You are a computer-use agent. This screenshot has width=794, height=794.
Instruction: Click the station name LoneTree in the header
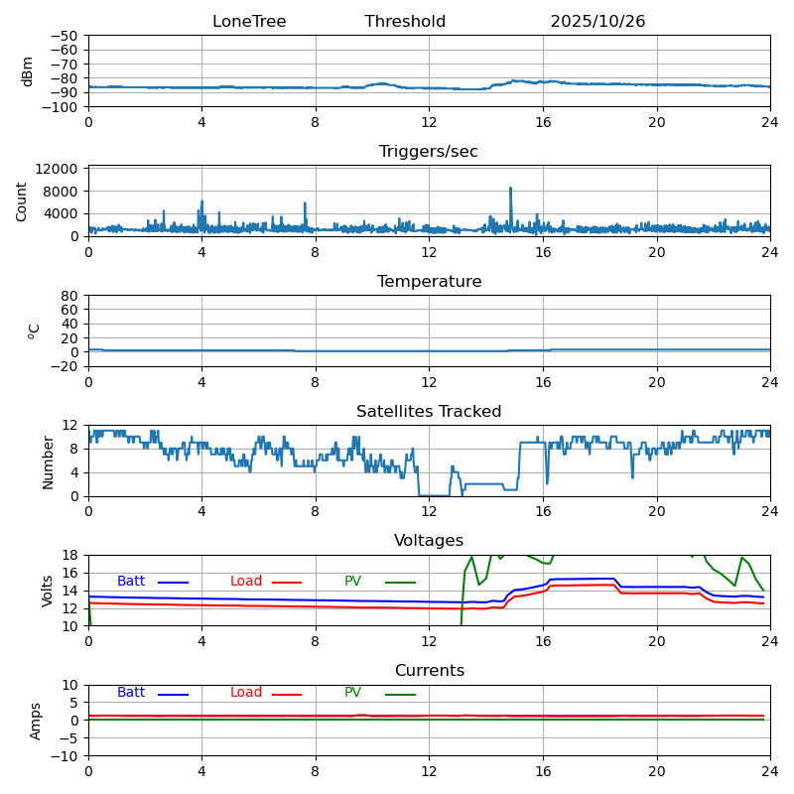(249, 22)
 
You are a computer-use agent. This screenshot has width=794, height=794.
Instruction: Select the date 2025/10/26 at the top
(597, 22)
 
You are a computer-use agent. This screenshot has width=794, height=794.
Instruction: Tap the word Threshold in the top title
(405, 22)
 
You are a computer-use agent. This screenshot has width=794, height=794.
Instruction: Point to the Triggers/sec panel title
(429, 152)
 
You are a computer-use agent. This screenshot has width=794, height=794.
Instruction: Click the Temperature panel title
(429, 282)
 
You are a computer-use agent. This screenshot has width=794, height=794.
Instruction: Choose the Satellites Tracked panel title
(429, 412)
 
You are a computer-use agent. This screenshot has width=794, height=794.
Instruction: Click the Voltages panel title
(429, 541)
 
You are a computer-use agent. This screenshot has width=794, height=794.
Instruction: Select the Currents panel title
(429, 671)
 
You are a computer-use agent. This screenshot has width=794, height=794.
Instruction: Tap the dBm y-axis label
(28, 70)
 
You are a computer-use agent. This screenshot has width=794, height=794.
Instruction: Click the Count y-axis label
(22, 200)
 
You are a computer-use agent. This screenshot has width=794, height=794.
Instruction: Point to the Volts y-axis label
(48, 591)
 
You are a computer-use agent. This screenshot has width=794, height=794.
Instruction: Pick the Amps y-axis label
(36, 721)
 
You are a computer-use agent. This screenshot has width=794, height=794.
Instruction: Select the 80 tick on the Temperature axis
(70, 296)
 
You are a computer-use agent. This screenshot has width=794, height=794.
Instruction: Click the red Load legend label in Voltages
(246, 582)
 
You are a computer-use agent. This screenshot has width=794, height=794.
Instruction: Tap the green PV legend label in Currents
(352, 693)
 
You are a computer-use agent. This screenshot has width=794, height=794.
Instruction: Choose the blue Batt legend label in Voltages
(131, 582)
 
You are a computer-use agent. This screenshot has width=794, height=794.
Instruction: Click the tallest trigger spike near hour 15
(511, 189)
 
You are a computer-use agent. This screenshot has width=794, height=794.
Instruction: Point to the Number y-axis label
(48, 462)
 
